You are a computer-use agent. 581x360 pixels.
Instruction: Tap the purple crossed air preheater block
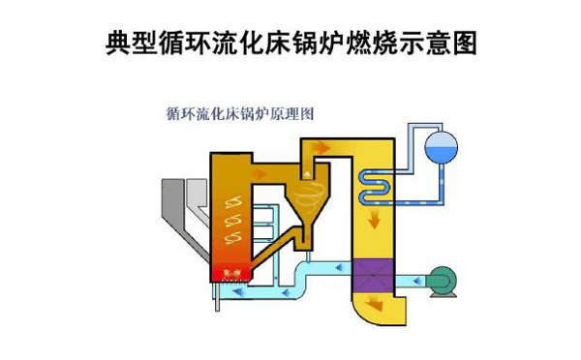tap(373, 278)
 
